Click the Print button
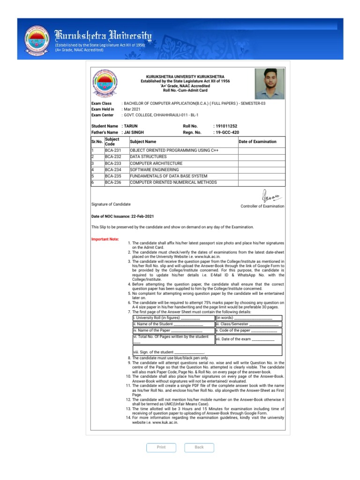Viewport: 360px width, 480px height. (x=161, y=447)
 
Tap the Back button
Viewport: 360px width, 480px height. (x=199, y=447)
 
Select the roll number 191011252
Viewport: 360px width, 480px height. (x=226, y=126)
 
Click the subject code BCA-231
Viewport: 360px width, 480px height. (x=113, y=150)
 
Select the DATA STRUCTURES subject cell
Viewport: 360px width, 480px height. (x=148, y=157)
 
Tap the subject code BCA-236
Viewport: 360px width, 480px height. (x=113, y=182)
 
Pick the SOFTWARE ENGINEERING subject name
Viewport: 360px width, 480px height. (x=154, y=170)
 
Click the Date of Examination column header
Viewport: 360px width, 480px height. (x=258, y=142)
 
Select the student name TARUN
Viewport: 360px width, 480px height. (x=131, y=126)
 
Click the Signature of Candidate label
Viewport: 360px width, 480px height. (x=111, y=204)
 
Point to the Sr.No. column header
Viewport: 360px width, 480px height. (x=97, y=142)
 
